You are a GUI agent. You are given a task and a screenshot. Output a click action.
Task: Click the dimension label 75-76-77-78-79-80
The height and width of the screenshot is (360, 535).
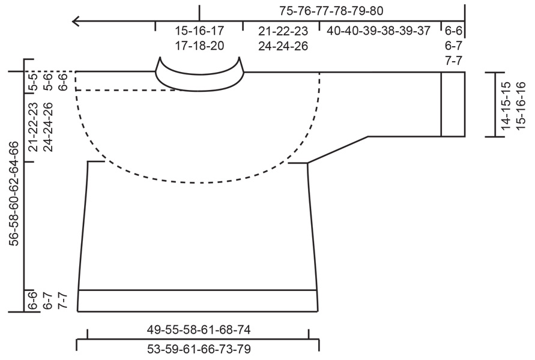point(331,10)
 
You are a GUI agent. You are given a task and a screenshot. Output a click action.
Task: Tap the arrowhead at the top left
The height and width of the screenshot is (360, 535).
point(76,22)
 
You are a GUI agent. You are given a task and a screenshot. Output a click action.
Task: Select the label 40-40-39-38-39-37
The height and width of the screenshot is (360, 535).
point(378,30)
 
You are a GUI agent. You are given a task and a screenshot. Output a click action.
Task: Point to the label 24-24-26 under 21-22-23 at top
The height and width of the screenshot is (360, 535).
point(283,46)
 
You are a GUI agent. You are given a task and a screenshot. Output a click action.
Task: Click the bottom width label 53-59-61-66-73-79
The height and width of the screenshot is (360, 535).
point(198,349)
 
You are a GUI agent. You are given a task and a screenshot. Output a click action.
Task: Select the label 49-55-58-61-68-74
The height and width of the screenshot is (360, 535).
point(198,329)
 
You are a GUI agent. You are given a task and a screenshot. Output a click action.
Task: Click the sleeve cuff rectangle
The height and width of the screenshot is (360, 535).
point(453,104)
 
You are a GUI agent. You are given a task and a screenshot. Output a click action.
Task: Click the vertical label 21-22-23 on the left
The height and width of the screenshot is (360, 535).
point(33,127)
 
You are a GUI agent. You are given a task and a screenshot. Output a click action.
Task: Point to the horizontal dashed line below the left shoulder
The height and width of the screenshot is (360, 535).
point(126,90)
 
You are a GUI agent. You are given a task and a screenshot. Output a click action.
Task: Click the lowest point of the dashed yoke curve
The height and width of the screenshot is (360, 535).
point(198,181)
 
